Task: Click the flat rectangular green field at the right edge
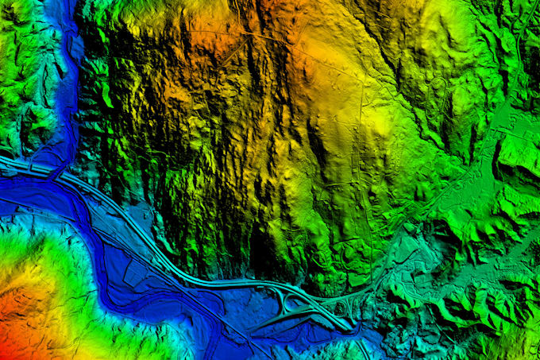(x=520, y=151)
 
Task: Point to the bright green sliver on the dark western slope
(x=106, y=95)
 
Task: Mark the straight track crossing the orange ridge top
(x=238, y=36)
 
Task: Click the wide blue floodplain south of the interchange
(x=262, y=334)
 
